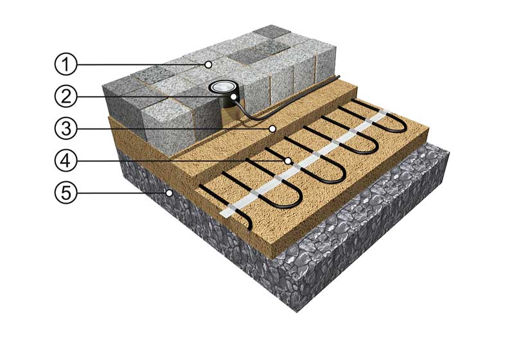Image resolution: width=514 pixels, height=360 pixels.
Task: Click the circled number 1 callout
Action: (x=66, y=64)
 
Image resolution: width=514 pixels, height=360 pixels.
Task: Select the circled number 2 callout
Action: (x=66, y=96)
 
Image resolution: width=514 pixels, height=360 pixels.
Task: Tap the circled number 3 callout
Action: (x=66, y=129)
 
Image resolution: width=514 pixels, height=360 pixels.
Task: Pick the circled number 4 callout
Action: (x=66, y=161)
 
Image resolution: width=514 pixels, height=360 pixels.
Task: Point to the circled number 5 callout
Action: (x=66, y=192)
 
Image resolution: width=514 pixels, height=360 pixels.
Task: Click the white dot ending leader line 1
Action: (x=208, y=64)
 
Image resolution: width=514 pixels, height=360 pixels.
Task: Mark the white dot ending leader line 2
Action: (x=234, y=96)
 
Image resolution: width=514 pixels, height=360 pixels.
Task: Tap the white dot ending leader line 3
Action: (x=272, y=129)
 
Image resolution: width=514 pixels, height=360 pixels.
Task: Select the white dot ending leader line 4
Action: (x=288, y=161)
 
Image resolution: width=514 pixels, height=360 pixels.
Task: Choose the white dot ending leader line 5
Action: (x=169, y=193)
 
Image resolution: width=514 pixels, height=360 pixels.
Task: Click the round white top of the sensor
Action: (x=222, y=87)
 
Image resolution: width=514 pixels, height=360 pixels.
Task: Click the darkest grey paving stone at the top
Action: (x=271, y=32)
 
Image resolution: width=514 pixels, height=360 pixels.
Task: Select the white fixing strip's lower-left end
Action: (x=222, y=213)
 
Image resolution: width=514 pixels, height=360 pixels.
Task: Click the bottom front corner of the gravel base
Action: (x=297, y=312)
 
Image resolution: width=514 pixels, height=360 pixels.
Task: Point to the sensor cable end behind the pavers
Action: (x=339, y=76)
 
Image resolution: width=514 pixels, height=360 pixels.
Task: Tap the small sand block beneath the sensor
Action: (x=229, y=116)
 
